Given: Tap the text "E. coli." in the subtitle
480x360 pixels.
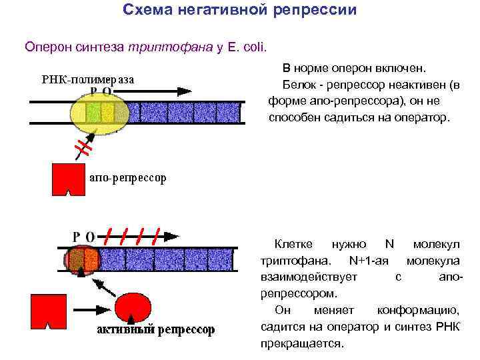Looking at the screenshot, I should click(245, 47).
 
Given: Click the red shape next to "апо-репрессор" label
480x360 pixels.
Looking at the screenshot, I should click(69, 179).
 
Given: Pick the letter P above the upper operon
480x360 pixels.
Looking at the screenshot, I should click(93, 91).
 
